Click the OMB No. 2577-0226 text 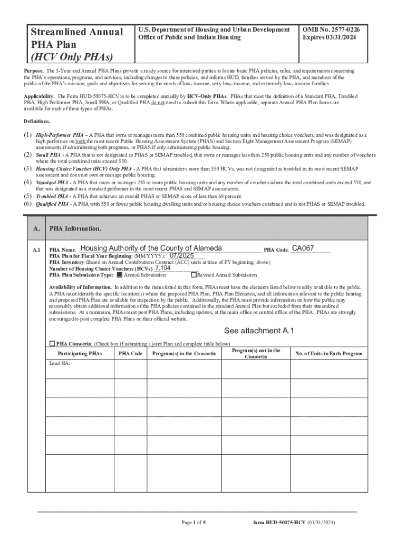pos(332,30)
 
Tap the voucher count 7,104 pos(162,268)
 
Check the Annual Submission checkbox pos(120,275)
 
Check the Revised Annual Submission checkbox pos(194,275)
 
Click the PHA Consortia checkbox pos(52,344)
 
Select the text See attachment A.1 pos(259,331)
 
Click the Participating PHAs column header pos(80,354)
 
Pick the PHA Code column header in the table pos(130,354)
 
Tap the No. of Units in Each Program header pos(329,354)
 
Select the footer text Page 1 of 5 pos(194,522)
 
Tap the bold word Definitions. pos(37,121)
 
